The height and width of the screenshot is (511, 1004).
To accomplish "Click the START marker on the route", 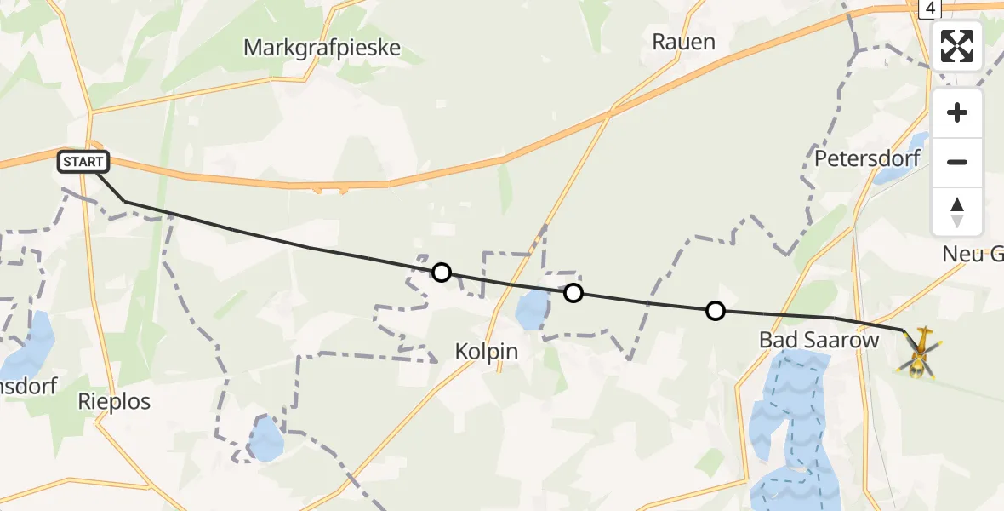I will click(x=83, y=161).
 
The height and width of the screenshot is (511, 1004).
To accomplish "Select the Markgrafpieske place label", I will click(x=322, y=47).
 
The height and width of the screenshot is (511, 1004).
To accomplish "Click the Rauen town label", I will click(x=683, y=41).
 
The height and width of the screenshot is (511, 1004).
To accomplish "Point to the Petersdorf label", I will click(x=857, y=158).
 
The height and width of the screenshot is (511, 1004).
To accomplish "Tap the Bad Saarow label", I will click(x=807, y=340).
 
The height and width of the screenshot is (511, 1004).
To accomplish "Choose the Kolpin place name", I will click(x=487, y=350).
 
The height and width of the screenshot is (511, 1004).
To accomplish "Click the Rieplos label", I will click(x=114, y=401).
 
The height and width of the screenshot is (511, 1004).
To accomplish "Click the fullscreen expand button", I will click(x=957, y=46).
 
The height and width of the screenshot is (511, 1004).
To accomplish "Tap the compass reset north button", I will click(x=957, y=211).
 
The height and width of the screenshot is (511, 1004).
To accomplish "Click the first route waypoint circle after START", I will click(x=441, y=273).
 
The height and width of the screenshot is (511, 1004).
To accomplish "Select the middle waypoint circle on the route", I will click(x=573, y=293).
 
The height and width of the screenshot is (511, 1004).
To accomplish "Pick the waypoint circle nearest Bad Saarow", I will click(x=716, y=311).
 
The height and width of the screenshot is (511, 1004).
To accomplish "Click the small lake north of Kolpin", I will click(x=533, y=309).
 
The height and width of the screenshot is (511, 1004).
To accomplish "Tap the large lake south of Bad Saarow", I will click(x=787, y=426).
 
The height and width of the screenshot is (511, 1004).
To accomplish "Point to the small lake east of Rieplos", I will click(x=266, y=438).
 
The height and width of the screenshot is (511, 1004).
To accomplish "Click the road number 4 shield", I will click(x=932, y=8).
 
